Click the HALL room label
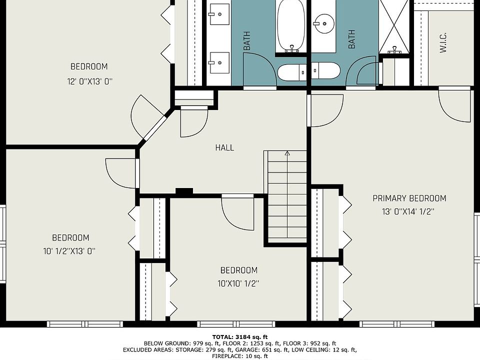[x=224, y=147]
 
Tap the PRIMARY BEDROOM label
[x=409, y=198]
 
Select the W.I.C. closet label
[x=443, y=42]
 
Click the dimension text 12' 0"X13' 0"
[x=90, y=81]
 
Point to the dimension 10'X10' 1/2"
[x=238, y=283]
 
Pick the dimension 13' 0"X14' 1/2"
[x=408, y=211]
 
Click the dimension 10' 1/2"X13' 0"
[x=69, y=251]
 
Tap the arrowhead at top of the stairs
[x=287, y=153]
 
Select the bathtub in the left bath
[x=291, y=26]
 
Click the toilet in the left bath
[x=292, y=72]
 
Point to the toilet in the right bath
[x=326, y=70]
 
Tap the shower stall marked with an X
[x=394, y=27]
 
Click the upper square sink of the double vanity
[x=219, y=14]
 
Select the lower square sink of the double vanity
[x=219, y=63]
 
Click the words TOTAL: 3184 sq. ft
[x=240, y=337]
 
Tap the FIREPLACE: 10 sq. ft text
[x=240, y=356]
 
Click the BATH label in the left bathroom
[x=246, y=40]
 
